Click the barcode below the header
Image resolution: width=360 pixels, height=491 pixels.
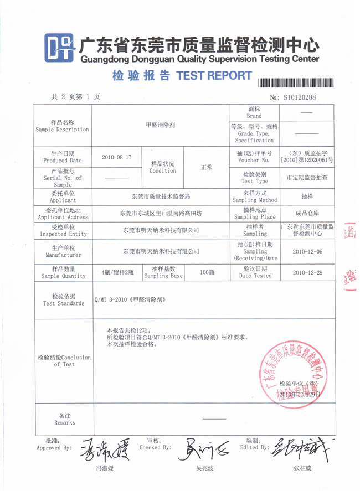tap(296, 82)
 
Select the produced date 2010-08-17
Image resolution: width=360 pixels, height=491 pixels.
tap(117, 157)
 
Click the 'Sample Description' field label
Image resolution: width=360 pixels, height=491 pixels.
tap(62, 126)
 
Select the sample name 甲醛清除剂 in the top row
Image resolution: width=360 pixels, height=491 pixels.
tap(160, 126)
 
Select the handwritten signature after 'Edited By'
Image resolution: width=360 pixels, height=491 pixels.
tap(302, 451)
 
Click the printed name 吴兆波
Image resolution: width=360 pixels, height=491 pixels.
tap(204, 468)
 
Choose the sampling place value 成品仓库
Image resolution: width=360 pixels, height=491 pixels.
tap(307, 213)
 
